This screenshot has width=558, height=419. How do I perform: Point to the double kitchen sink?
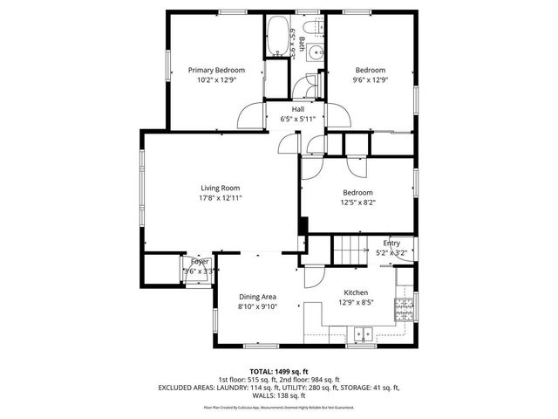(363, 333)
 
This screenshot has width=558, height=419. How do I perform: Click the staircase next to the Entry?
(350, 251)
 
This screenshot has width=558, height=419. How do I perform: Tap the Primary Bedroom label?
(216, 70)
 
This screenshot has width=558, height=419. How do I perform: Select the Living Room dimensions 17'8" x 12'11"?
(220, 198)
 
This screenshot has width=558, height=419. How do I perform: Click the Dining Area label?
(257, 297)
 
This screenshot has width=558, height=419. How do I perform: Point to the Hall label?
(297, 109)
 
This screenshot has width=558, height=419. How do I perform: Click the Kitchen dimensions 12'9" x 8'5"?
(355, 303)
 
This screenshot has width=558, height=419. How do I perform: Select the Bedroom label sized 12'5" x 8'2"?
(357, 192)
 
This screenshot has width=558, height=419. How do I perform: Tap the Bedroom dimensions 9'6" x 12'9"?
(370, 79)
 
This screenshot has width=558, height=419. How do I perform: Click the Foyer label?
(200, 261)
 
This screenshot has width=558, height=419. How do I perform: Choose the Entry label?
(391, 244)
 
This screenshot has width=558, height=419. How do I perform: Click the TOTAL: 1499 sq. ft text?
(279, 371)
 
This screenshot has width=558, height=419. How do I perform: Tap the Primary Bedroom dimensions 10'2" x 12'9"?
(216, 80)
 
